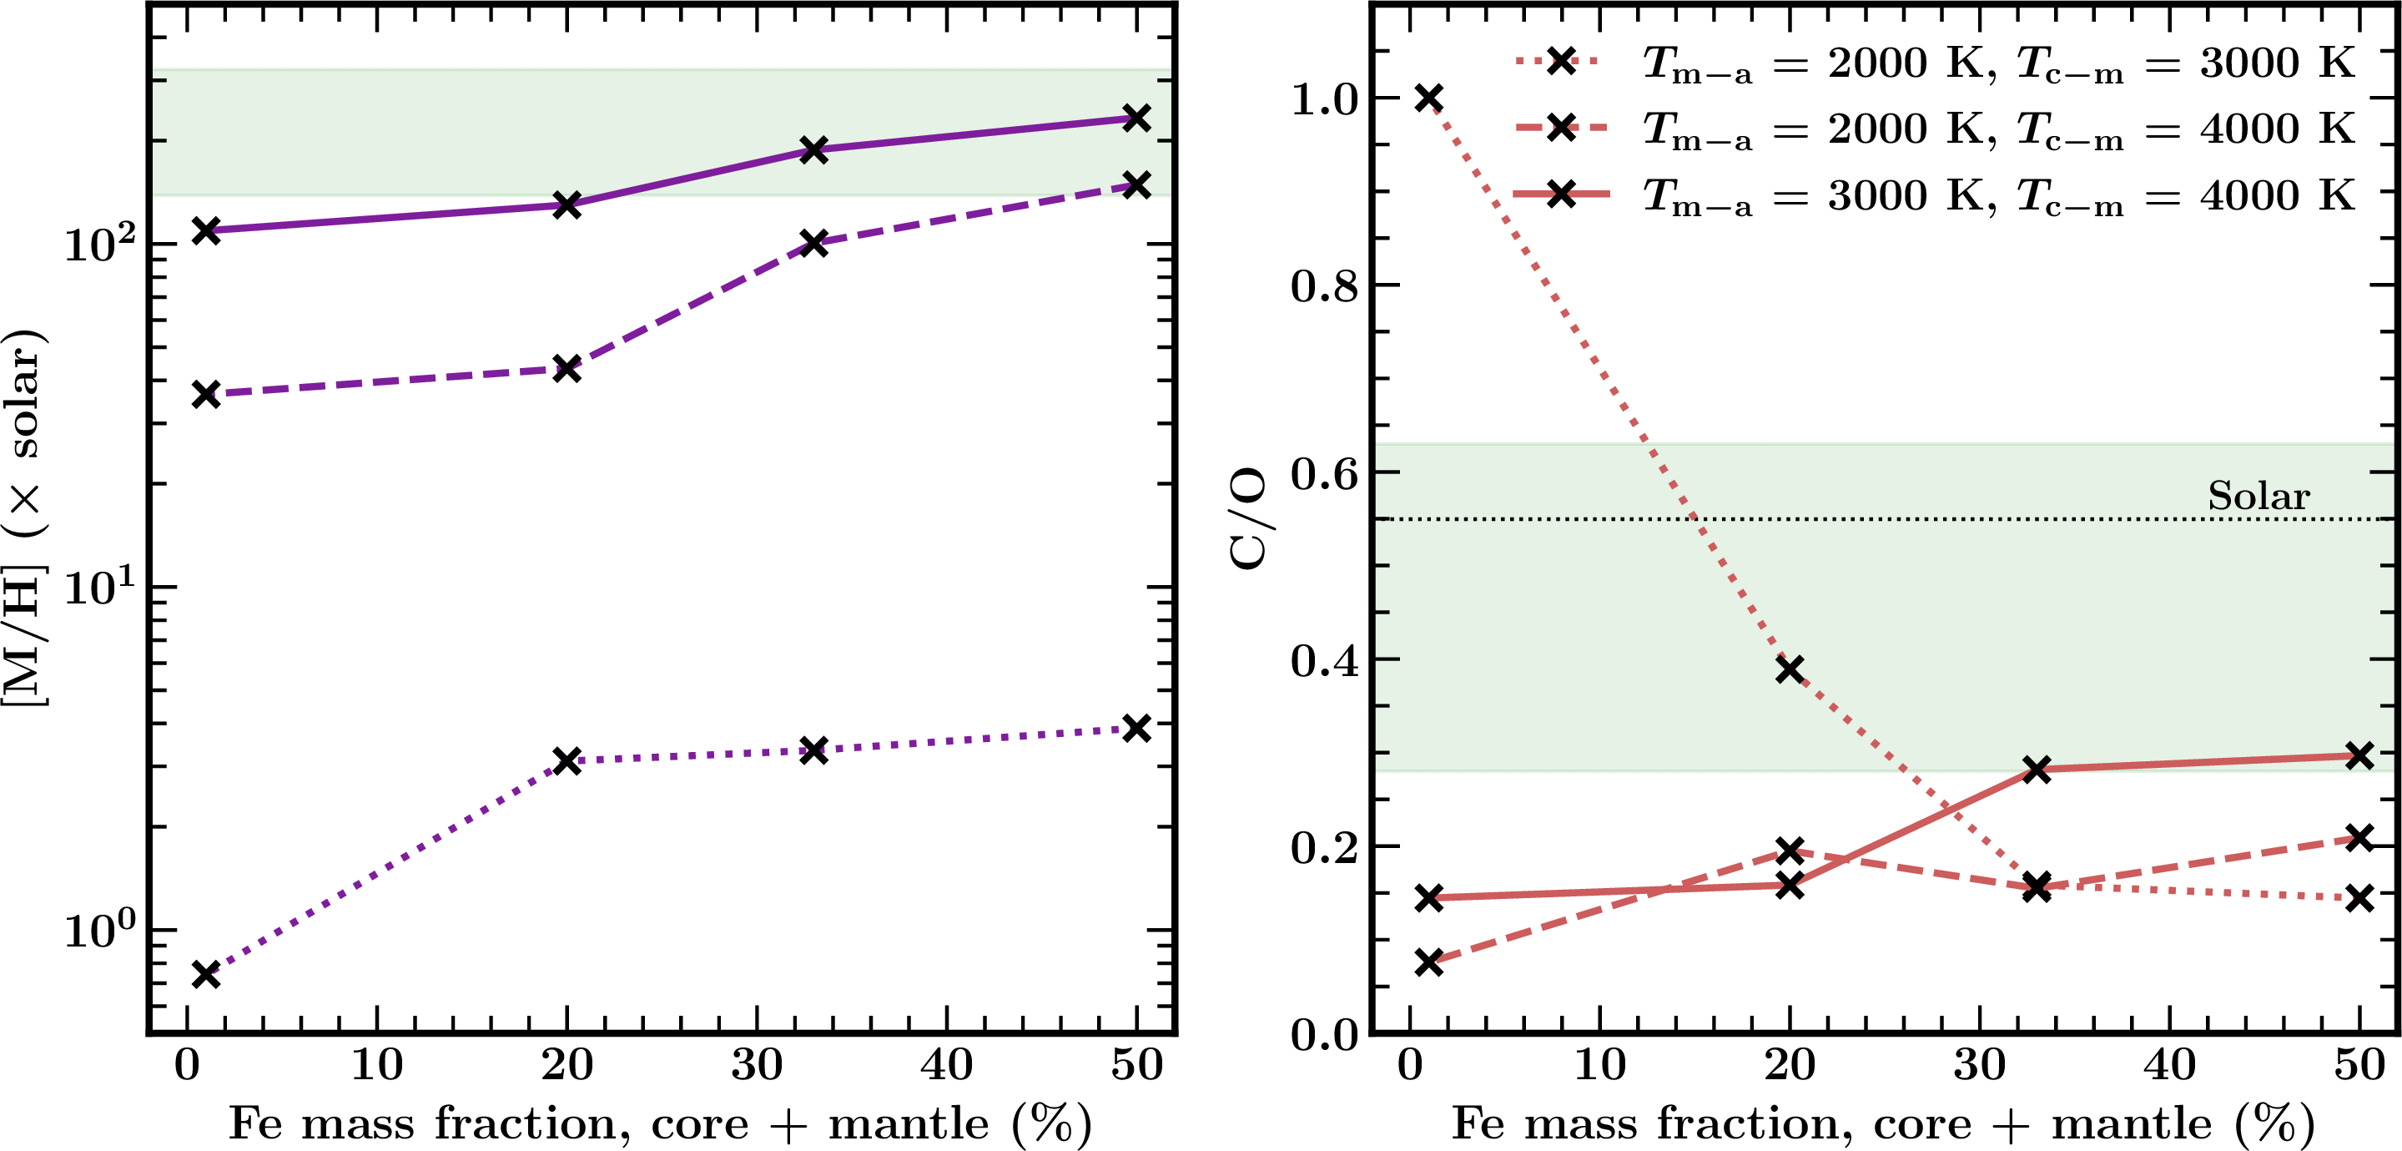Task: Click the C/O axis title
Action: point(1248,518)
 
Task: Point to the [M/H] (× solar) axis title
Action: point(23,518)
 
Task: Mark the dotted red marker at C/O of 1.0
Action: point(1428,98)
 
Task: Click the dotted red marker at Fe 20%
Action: point(1790,669)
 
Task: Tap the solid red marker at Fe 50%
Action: point(2359,755)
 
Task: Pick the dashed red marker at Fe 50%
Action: point(2359,838)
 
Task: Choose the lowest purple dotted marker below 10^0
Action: point(206,975)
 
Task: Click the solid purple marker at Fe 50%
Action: point(1136,118)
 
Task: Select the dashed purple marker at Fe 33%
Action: point(814,244)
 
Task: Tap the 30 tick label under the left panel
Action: point(756,1064)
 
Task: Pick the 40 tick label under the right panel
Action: point(2169,1064)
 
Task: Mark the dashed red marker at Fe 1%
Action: point(1428,962)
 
